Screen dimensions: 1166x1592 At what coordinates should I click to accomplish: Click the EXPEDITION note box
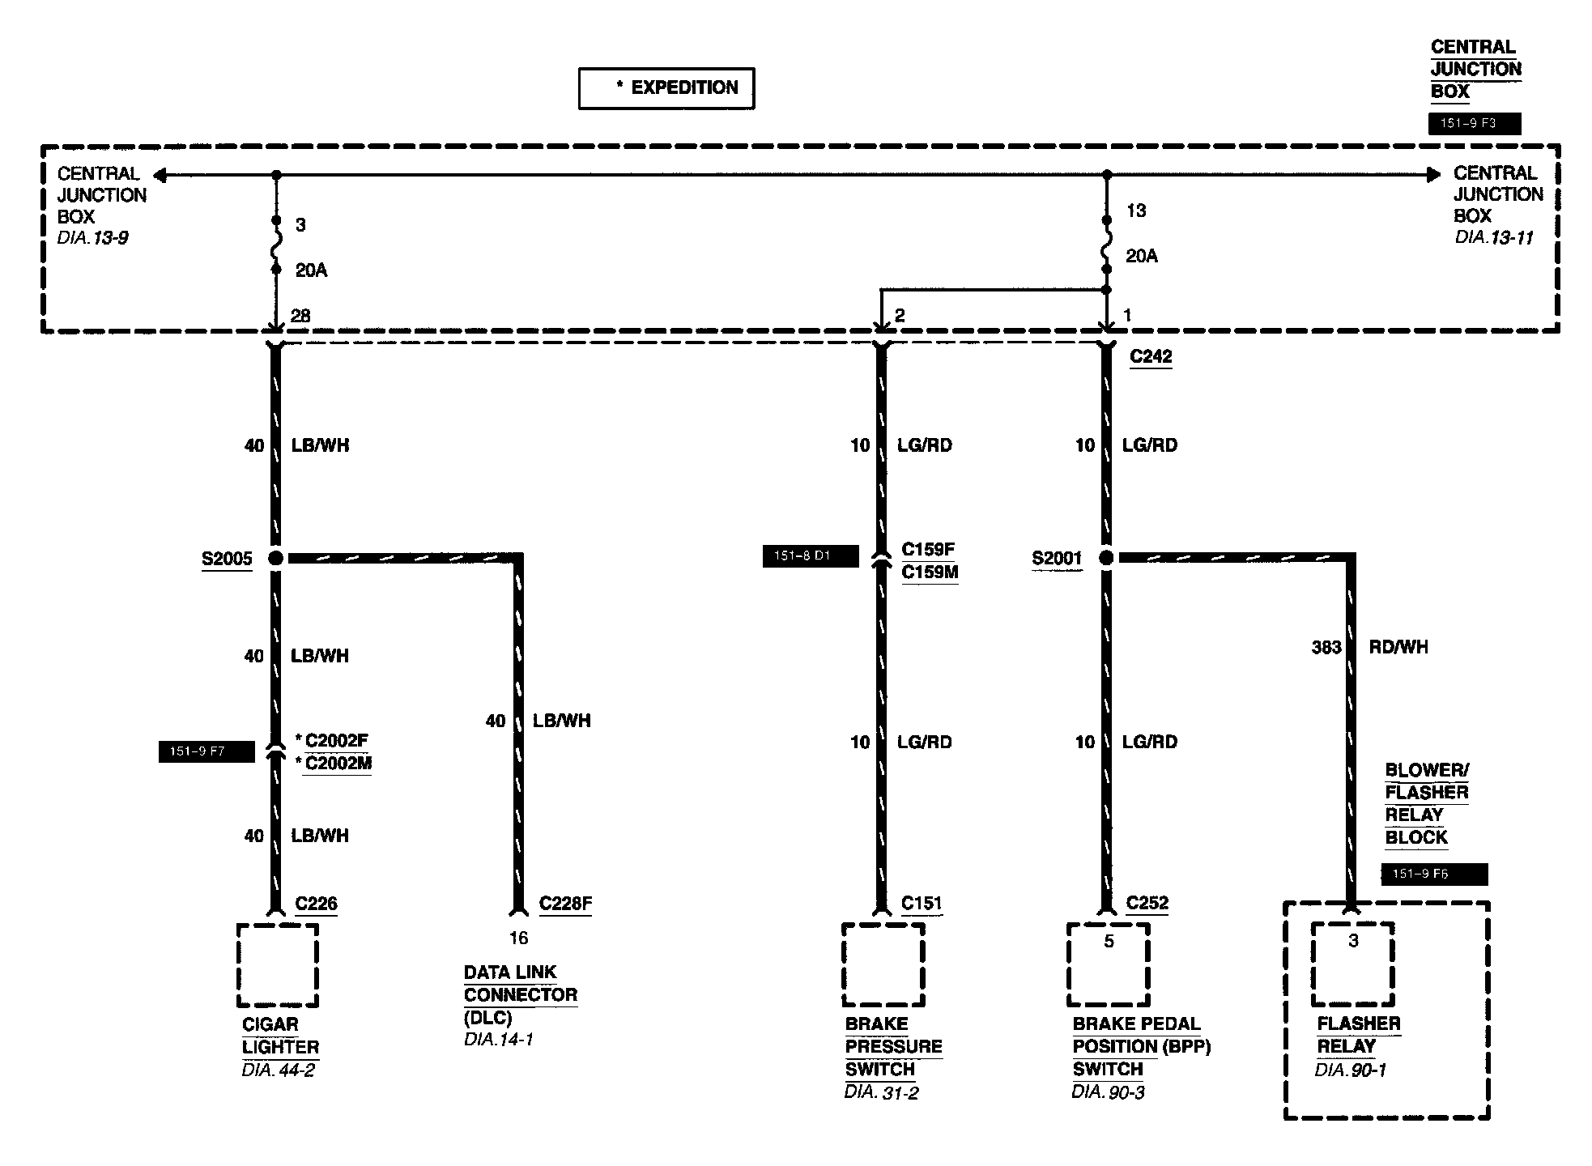point(666,88)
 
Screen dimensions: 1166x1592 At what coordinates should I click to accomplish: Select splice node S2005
point(275,558)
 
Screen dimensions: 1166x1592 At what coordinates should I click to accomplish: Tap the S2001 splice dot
point(1106,558)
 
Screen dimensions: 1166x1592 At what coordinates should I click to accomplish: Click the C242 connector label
point(1151,356)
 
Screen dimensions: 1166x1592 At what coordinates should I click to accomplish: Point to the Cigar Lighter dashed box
point(277,965)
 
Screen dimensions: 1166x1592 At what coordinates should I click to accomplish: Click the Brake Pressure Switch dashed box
point(883,965)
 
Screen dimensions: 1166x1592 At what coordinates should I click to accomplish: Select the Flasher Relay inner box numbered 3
point(1352,964)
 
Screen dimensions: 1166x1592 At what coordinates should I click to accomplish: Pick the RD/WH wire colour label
point(1398,647)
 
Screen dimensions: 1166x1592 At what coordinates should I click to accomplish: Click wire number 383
point(1326,647)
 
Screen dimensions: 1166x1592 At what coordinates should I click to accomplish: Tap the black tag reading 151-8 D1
point(810,556)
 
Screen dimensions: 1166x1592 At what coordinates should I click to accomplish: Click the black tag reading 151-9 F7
point(206,751)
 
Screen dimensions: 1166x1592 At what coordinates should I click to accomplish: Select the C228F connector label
point(565,904)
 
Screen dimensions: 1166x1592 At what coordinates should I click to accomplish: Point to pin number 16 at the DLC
point(518,938)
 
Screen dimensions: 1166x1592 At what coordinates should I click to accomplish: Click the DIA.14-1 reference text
point(499,1039)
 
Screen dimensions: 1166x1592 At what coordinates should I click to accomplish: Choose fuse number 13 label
point(1136,211)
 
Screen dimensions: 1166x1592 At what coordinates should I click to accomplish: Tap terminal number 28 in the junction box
point(300,316)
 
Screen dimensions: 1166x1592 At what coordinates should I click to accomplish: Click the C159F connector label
point(928,549)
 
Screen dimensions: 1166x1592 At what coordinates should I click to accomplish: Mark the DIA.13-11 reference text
point(1494,238)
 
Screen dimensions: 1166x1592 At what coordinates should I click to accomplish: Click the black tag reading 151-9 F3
point(1474,124)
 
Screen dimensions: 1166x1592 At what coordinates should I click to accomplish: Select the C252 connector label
point(1147,904)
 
